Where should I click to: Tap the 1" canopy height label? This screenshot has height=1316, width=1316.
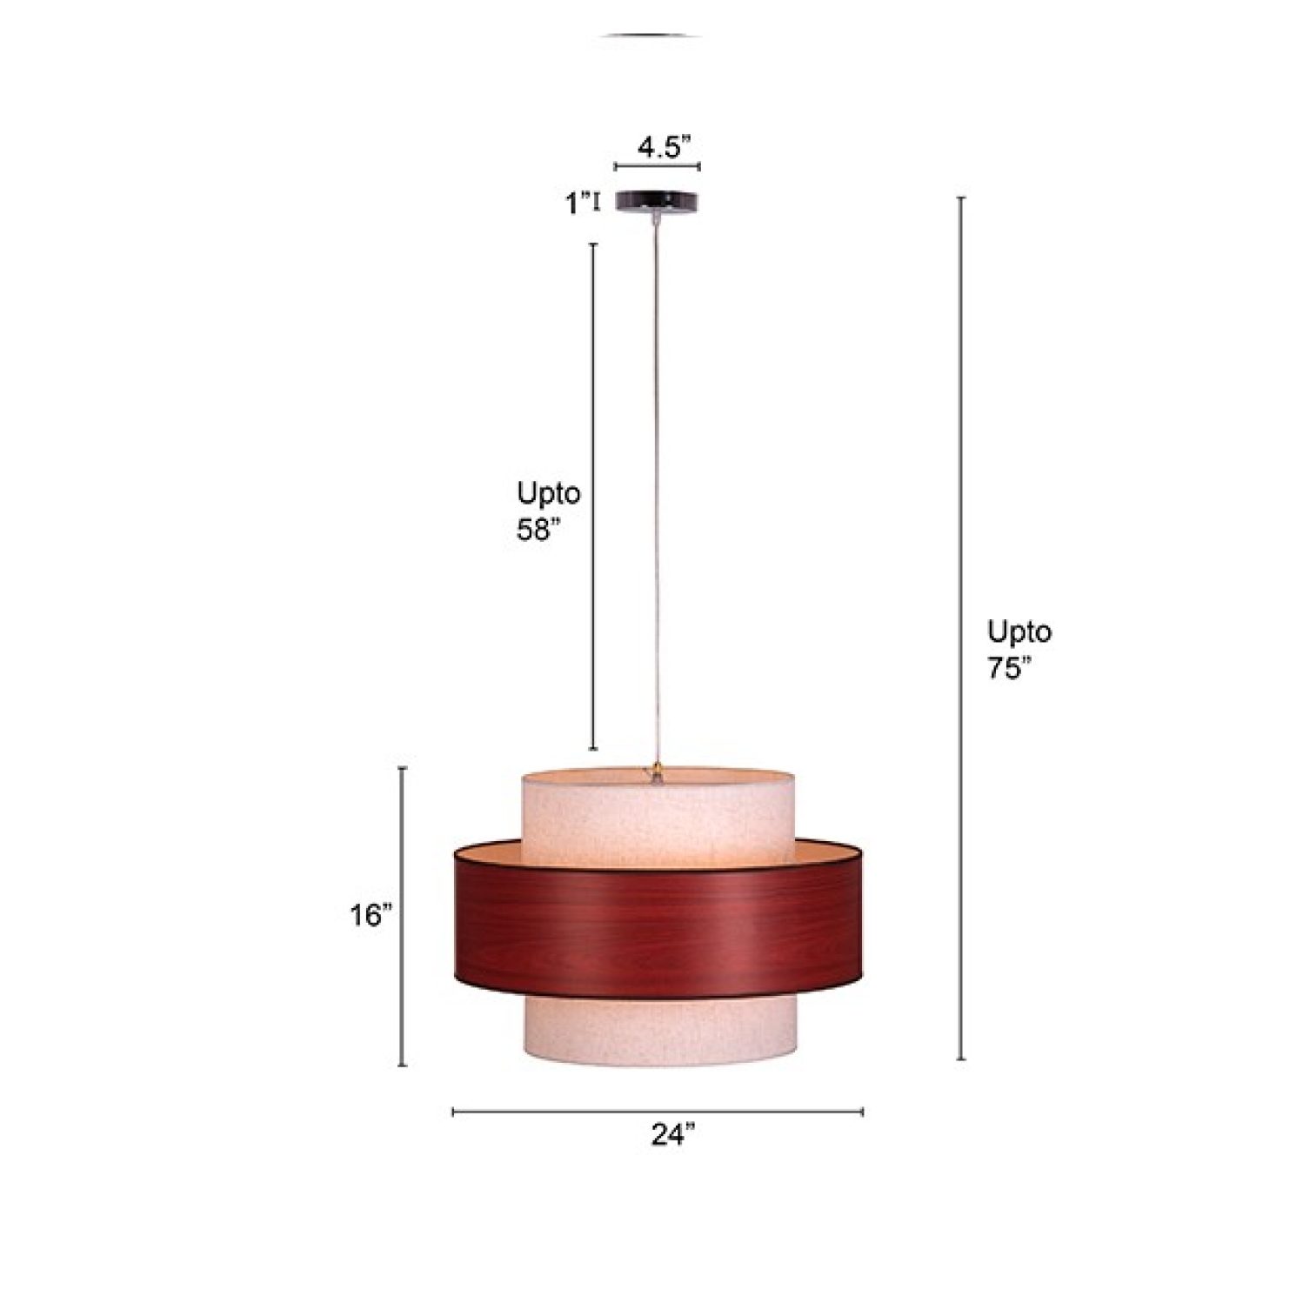(577, 204)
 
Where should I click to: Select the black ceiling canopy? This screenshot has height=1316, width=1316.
(657, 201)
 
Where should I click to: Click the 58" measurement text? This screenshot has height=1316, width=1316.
(534, 530)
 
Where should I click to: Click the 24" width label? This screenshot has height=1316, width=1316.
(673, 1135)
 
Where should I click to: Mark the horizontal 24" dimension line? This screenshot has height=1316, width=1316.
(657, 1112)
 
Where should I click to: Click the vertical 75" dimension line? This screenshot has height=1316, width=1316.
(961, 626)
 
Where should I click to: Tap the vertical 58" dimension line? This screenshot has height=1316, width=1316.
(594, 496)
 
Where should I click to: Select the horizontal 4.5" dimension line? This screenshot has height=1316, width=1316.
(657, 166)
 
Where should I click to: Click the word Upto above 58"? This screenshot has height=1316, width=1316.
(548, 493)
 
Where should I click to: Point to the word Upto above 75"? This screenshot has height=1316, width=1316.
(1019, 631)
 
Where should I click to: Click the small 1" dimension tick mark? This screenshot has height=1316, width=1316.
(596, 204)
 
